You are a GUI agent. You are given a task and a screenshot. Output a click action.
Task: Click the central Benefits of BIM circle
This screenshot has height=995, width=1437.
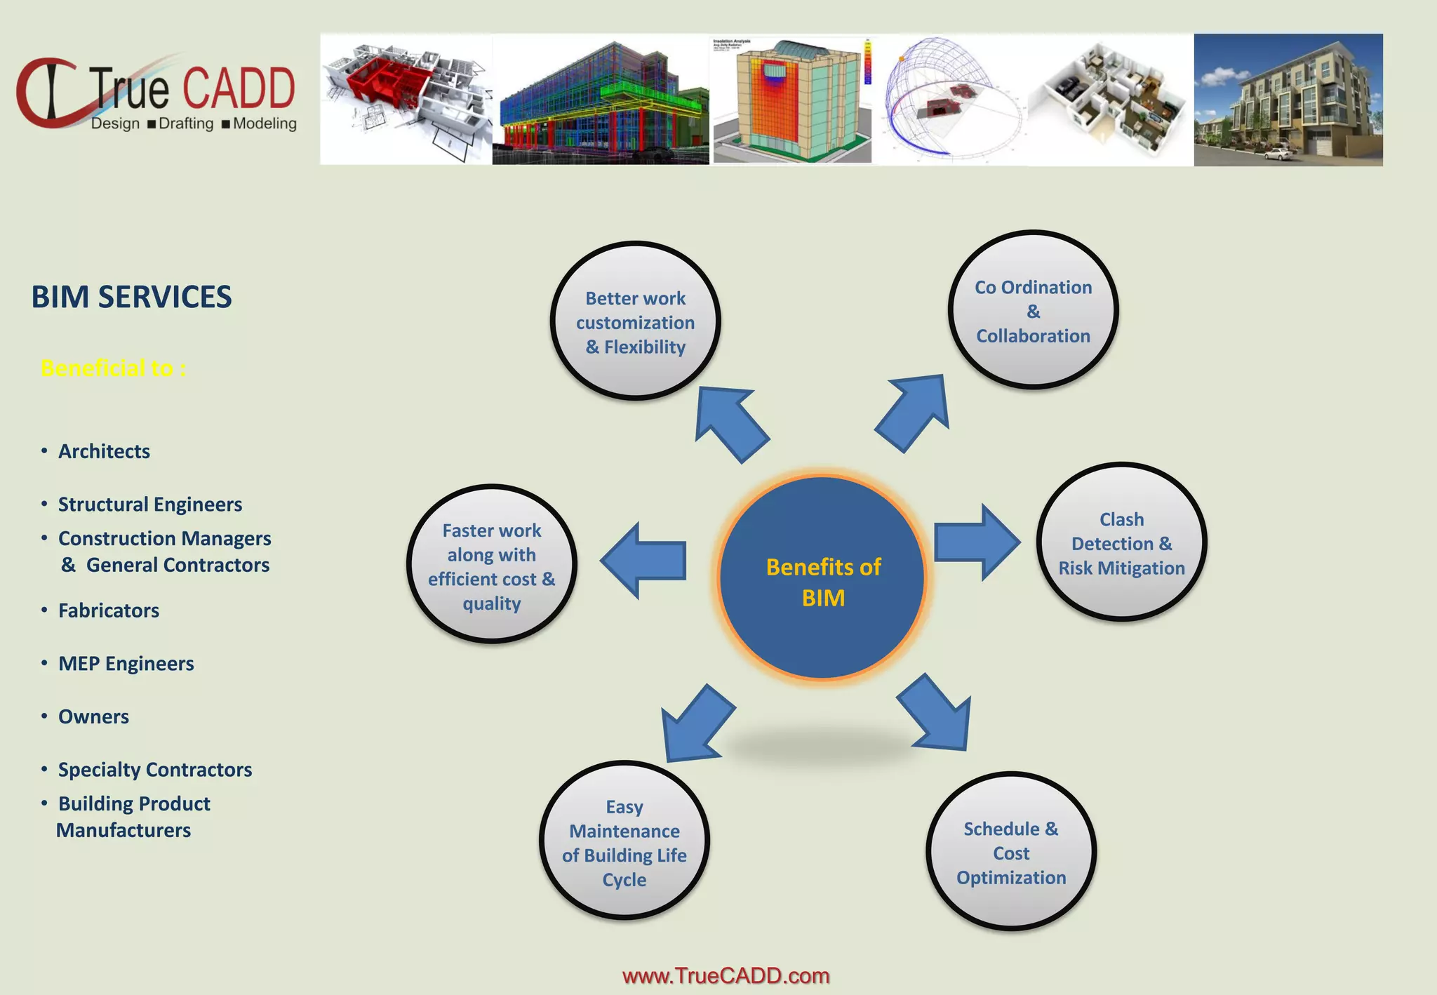tap(822, 578)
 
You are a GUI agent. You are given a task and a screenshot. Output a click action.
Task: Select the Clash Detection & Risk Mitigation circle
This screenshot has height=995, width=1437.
tap(1121, 542)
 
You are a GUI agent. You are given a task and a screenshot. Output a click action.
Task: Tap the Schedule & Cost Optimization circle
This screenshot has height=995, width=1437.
tap(1010, 852)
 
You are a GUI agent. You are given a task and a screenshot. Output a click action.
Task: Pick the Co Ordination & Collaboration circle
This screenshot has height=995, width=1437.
tap(1033, 310)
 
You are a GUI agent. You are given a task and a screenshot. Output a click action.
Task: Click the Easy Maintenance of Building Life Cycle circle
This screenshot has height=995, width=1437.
tap(624, 841)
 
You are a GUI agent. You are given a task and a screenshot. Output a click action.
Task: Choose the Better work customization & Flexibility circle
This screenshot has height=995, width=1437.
tap(635, 321)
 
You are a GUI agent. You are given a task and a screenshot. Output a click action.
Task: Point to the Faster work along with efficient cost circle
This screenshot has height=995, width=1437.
tap(491, 565)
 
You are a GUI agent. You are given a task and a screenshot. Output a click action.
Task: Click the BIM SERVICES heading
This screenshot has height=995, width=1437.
tap(131, 297)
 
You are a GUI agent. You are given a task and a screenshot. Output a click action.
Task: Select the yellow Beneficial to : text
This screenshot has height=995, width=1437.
tap(113, 368)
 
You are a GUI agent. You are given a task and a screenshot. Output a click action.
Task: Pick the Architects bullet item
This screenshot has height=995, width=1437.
tap(104, 451)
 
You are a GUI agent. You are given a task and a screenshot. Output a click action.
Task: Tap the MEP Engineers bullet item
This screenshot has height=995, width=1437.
tap(126, 663)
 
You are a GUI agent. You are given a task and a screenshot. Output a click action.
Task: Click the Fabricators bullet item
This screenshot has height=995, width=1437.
tap(108, 610)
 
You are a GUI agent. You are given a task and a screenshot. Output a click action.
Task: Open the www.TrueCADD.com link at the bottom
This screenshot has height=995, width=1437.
tap(726, 975)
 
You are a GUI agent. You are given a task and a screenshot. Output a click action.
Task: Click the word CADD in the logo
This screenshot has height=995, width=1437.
tap(239, 89)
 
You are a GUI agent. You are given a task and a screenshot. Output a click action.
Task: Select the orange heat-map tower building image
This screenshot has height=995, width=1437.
tap(791, 100)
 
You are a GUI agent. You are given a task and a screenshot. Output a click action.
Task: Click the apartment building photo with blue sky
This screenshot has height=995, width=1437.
tap(1288, 100)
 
